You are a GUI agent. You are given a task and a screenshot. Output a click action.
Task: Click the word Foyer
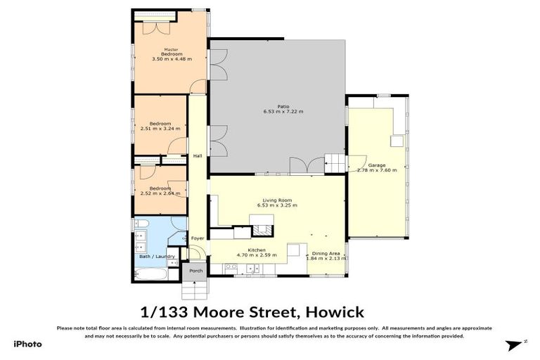[197, 238]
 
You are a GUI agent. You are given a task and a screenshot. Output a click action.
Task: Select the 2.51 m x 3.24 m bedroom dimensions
[160, 129]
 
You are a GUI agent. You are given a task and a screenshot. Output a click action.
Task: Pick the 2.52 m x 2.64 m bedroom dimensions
[160, 193]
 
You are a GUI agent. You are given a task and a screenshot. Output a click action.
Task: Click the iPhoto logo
[27, 344]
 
